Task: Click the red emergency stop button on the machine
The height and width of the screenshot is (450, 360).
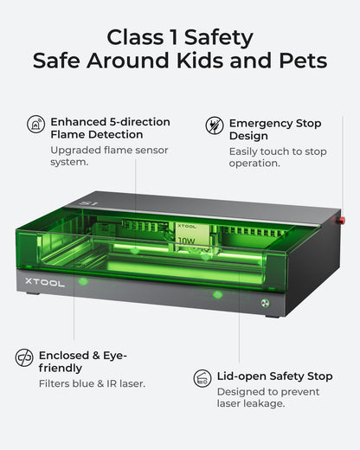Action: point(341,221)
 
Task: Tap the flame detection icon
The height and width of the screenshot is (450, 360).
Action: point(36,124)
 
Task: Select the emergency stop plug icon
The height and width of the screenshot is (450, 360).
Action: point(215,125)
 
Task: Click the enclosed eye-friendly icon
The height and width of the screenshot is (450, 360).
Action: point(24,357)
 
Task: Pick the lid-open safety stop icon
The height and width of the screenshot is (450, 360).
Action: point(202,378)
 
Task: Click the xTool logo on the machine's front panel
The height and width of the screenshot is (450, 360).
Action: point(45,282)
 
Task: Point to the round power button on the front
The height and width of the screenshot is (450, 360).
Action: point(265,303)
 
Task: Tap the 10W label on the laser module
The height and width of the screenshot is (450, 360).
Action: point(186,241)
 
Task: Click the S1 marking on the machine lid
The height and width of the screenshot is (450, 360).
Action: point(88,203)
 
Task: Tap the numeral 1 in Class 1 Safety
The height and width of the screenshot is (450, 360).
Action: point(174,37)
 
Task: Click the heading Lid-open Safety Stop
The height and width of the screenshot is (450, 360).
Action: point(275,376)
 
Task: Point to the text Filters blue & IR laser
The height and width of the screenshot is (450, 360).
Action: point(92,383)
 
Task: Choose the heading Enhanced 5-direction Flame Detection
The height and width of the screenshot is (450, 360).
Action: point(110,128)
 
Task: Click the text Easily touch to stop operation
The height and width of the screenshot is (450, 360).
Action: point(278,157)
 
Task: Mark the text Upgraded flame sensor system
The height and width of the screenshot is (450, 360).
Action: point(109,156)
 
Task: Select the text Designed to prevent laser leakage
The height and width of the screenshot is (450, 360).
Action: point(268,397)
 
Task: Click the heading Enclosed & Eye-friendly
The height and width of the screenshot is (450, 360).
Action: point(83,362)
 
